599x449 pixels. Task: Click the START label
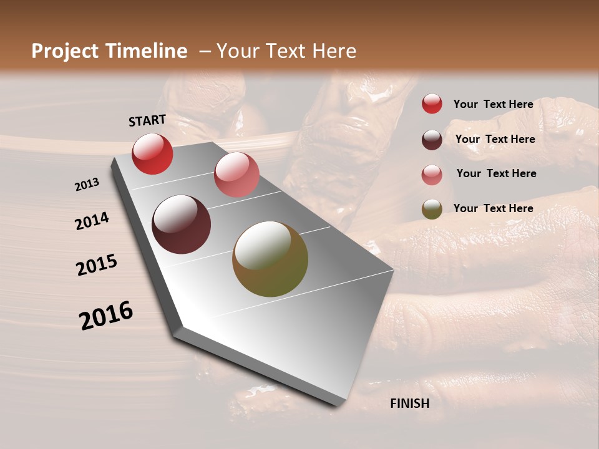(x=147, y=120)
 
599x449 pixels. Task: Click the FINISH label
(x=410, y=403)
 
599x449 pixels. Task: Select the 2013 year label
(x=87, y=185)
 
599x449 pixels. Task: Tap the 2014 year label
(x=92, y=221)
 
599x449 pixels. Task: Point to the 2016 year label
(x=106, y=316)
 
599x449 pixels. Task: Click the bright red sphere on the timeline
(x=152, y=153)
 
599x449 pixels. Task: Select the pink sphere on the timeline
(x=236, y=175)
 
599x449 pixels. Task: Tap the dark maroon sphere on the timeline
(x=181, y=224)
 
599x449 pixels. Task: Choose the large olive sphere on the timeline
(x=270, y=259)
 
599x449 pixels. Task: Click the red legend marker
(x=432, y=104)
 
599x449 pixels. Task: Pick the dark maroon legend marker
(x=432, y=140)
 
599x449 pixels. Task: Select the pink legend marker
(x=432, y=175)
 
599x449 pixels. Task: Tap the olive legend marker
(x=432, y=209)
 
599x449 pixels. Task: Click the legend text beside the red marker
(x=493, y=104)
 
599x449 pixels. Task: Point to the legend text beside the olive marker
(x=493, y=208)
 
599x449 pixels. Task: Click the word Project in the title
(x=65, y=51)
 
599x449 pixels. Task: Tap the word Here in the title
(x=334, y=51)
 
